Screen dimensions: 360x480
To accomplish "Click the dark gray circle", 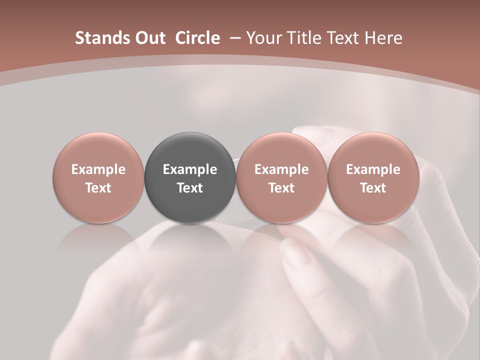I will click(x=190, y=177).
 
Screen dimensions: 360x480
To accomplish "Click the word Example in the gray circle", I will click(x=190, y=169).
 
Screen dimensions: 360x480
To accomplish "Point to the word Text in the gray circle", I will click(x=190, y=188).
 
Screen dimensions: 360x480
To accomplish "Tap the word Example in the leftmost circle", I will click(x=98, y=169).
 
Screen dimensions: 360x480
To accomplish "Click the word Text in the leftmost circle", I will click(x=98, y=188).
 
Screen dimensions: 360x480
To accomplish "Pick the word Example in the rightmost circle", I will click(x=373, y=169).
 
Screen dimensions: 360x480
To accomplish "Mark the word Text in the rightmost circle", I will click(x=373, y=188).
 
